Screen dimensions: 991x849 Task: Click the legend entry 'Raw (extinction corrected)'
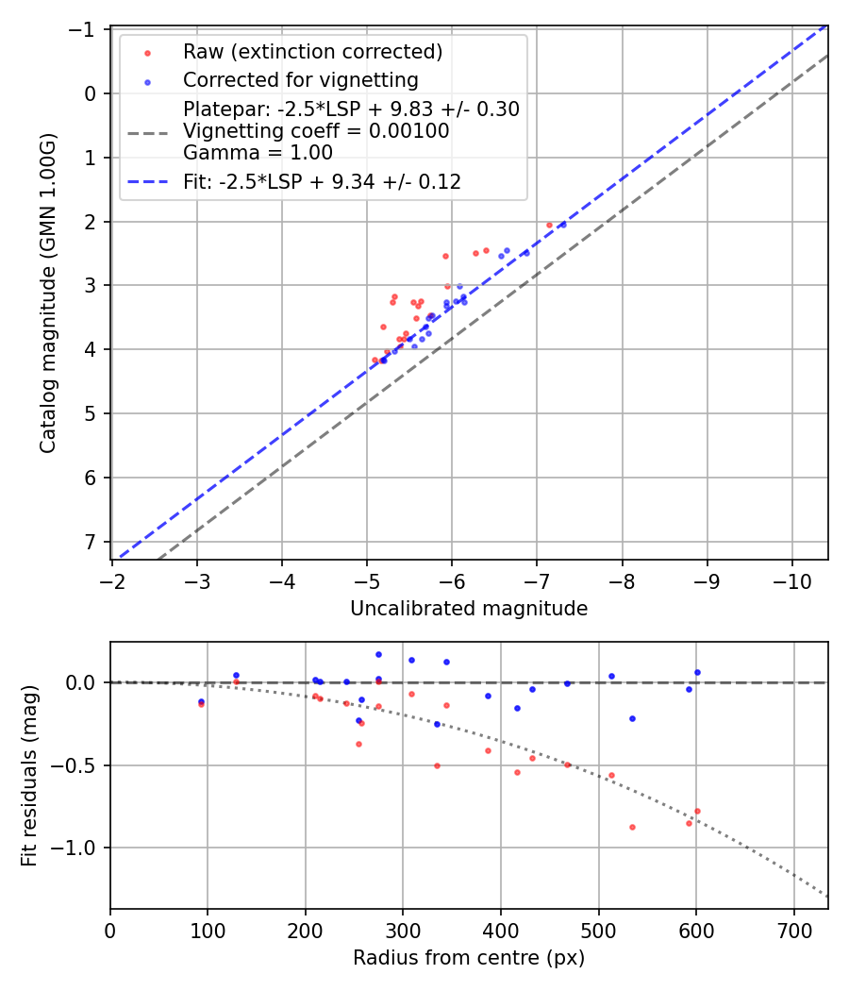point(312,51)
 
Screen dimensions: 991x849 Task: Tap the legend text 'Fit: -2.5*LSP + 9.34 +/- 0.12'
point(322,182)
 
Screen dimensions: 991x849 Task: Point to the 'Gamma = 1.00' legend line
point(258,152)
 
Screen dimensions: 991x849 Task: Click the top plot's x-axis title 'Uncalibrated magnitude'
point(469,609)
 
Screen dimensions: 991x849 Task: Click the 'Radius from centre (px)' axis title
point(469,958)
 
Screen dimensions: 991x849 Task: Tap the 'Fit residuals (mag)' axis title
point(29,776)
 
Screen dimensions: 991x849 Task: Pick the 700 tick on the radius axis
point(793,929)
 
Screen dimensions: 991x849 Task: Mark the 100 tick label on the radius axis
point(208,929)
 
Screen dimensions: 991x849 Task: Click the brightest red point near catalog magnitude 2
point(549,225)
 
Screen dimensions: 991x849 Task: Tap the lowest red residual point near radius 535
point(632,827)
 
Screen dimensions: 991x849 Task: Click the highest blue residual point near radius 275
point(378,654)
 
